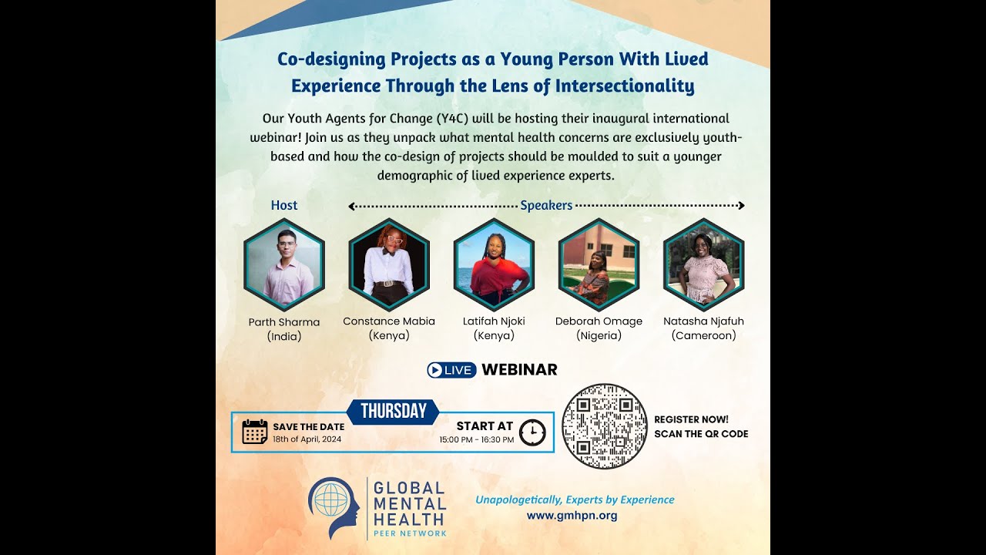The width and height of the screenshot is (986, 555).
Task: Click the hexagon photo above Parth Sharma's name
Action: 284,264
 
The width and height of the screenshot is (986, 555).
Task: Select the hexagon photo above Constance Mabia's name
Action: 389,264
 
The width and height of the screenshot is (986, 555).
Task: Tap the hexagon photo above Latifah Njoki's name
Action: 494,264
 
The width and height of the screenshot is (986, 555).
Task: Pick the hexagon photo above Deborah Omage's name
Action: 599,264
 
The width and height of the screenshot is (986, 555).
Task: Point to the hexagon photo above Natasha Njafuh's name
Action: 703,264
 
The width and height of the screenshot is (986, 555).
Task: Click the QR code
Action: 605,425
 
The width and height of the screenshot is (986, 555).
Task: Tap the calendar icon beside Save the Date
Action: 255,432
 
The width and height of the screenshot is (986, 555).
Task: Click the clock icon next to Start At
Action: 532,432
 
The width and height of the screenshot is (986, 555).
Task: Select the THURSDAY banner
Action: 393,412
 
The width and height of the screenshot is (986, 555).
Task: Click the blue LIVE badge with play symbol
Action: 451,370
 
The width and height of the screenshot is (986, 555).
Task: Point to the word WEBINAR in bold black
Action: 519,370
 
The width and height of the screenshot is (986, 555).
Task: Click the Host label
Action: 284,205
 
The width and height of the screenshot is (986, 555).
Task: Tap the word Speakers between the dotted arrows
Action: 546,205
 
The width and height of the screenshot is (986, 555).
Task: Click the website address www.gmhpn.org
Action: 572,515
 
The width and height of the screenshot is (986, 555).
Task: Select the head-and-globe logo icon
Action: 334,507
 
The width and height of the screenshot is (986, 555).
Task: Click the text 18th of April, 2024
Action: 307,439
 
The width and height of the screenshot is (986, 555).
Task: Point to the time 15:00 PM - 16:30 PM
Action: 477,439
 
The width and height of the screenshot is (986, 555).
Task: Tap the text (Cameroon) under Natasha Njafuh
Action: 703,335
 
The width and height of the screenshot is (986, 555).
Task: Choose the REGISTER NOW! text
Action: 691,419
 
